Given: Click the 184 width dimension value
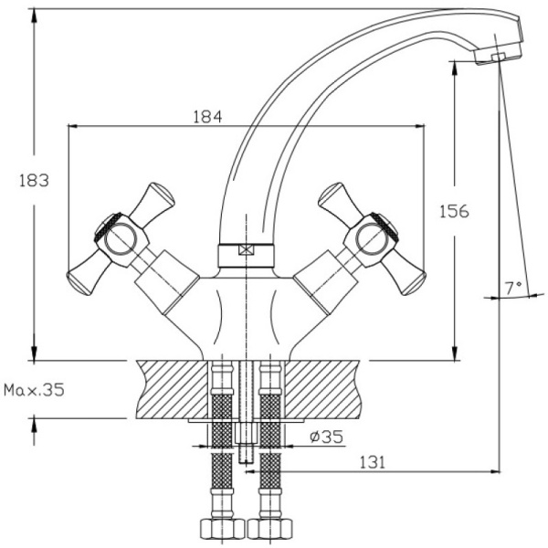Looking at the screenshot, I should (x=208, y=117).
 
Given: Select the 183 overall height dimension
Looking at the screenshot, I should (x=33, y=180).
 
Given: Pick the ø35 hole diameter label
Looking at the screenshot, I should (x=326, y=437).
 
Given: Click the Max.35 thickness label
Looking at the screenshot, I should (x=34, y=390).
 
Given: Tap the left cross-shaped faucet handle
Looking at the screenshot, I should (x=120, y=240).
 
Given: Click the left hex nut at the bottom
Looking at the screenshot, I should (x=219, y=529).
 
